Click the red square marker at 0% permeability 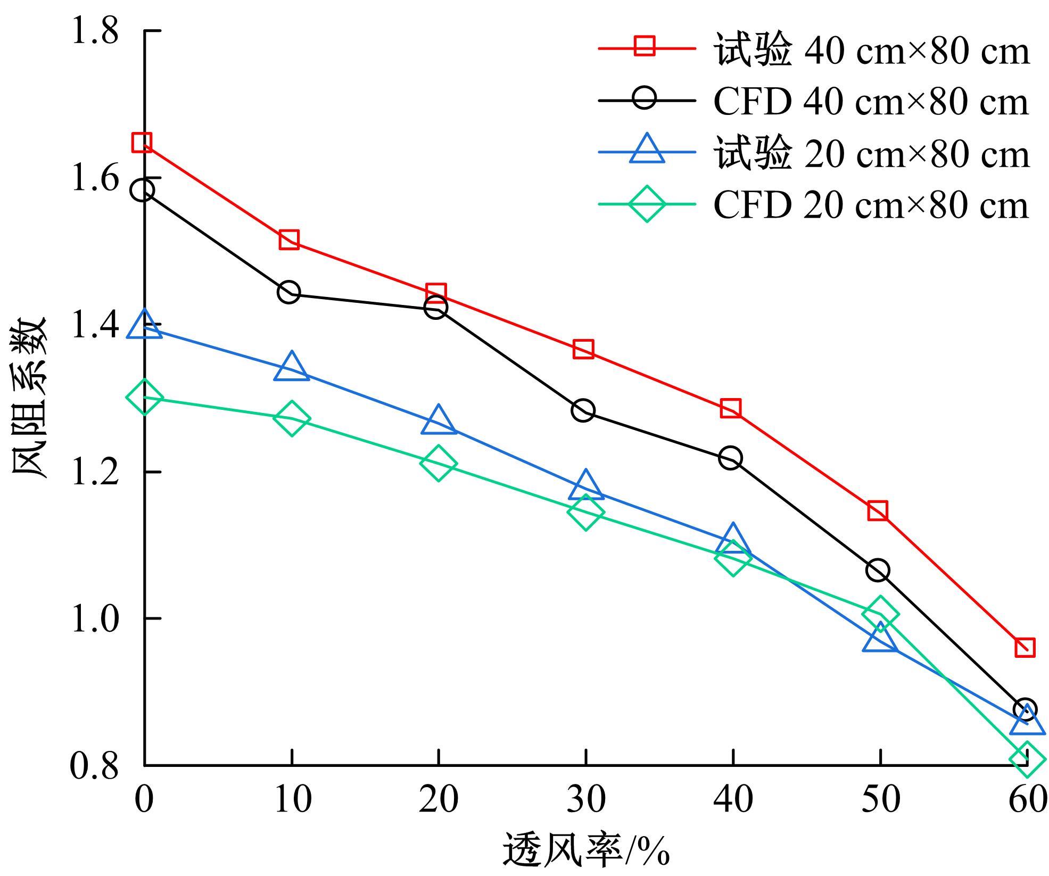tap(142, 143)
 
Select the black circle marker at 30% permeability tap(583, 410)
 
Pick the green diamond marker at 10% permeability tap(291, 418)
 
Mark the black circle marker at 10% tap(289, 292)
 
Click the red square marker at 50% tap(878, 510)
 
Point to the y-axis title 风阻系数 tap(30, 398)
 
